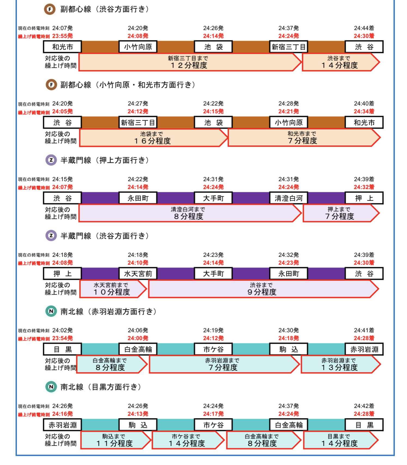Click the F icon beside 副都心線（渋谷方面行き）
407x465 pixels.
pyautogui.click(x=50, y=10)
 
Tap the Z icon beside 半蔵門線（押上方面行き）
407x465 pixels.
pyautogui.click(x=51, y=160)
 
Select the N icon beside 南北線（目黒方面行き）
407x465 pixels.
pyautogui.click(x=51, y=387)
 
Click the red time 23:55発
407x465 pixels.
pyautogui.click(x=62, y=36)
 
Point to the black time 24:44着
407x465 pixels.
pyautogui.click(x=364, y=28)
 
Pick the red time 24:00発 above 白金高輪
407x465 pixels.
pyautogui.click(x=138, y=338)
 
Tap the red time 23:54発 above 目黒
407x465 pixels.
pyautogui.click(x=62, y=338)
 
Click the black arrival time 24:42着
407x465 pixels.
pyautogui.click(x=364, y=406)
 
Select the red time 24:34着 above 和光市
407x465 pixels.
pyautogui.click(x=364, y=111)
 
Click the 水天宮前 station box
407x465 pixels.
pyautogui.click(x=138, y=274)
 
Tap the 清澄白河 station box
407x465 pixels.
pyautogui.click(x=288, y=198)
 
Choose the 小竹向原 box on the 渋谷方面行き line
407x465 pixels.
pyautogui.click(x=138, y=47)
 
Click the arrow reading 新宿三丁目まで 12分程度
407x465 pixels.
pyautogui.click(x=190, y=62)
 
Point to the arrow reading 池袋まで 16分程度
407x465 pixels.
pyautogui.click(x=153, y=138)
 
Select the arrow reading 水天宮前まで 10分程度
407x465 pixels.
pyautogui.click(x=113, y=289)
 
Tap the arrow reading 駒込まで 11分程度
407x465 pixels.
pyautogui.click(x=116, y=440)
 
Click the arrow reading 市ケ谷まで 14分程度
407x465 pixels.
pyautogui.click(x=188, y=440)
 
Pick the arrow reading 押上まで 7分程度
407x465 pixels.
pyautogui.click(x=341, y=213)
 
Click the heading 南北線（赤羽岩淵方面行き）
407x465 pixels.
pyautogui.click(x=108, y=311)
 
